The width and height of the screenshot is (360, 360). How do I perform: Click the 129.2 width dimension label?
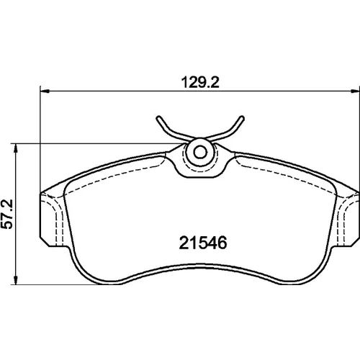click(200, 82)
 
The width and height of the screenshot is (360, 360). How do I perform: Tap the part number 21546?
click(203, 243)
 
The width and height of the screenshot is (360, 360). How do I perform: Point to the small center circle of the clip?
click(200, 152)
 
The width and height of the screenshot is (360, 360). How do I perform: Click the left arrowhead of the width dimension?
click(45, 91)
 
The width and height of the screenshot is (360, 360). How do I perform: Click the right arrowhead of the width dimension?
click(355, 91)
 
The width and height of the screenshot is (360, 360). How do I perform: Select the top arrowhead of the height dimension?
click(16, 148)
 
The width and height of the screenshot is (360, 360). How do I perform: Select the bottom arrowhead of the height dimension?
click(16, 280)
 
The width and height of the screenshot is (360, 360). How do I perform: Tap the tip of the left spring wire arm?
click(158, 118)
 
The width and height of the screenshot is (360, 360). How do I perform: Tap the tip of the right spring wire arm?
click(242, 118)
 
